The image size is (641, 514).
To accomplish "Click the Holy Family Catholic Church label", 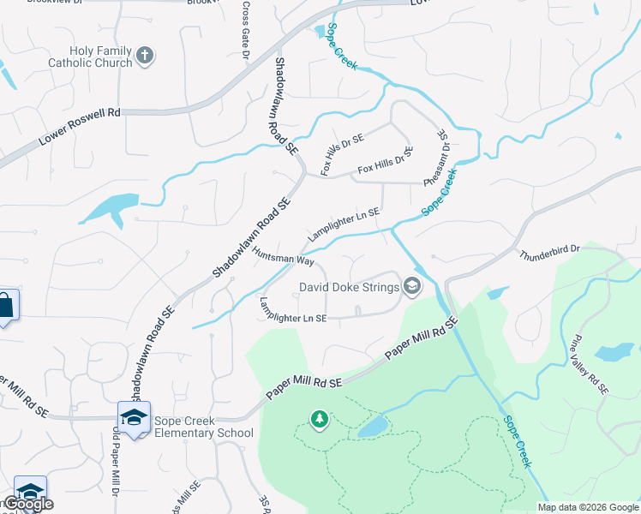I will [90, 57].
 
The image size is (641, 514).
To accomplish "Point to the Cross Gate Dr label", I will [245, 30].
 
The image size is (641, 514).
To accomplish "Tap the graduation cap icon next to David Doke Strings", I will [412, 286].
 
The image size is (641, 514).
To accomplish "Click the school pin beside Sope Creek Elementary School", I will [134, 417].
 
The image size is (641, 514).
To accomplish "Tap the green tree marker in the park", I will [320, 419].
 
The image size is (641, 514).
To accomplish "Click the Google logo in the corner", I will [28, 504].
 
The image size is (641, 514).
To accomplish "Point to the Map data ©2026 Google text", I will [587, 507].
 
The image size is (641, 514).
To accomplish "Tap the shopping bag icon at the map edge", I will [5, 305].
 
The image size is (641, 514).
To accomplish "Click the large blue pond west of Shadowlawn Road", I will [110, 207].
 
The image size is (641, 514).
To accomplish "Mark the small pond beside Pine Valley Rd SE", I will [614, 351].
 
